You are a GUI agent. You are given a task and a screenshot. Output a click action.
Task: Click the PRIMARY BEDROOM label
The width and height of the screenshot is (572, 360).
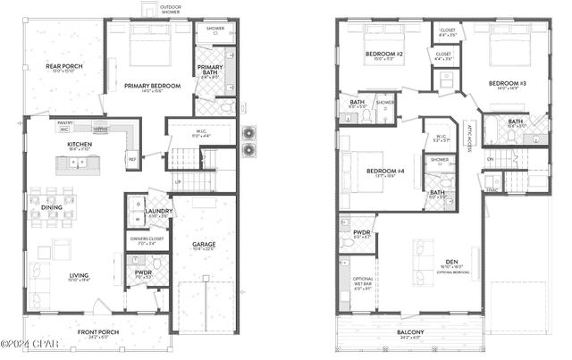[153, 86]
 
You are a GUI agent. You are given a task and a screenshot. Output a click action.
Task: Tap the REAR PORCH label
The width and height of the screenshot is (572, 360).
[64, 66]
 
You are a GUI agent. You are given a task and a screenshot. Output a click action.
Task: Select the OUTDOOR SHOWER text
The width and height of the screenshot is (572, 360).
[170, 9]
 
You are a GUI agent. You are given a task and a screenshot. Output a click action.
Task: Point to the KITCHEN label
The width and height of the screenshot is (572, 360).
[80, 144]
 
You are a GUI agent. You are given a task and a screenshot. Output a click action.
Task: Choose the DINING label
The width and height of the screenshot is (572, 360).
[52, 207]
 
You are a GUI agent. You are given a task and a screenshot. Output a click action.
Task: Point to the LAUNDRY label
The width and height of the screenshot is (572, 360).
[158, 213]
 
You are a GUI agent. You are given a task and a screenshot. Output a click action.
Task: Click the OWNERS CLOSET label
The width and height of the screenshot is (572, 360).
[142, 239]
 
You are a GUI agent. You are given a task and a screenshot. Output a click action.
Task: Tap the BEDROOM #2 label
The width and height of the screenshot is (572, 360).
[384, 54]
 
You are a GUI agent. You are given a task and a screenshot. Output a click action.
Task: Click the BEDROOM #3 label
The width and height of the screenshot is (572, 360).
[507, 84]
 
